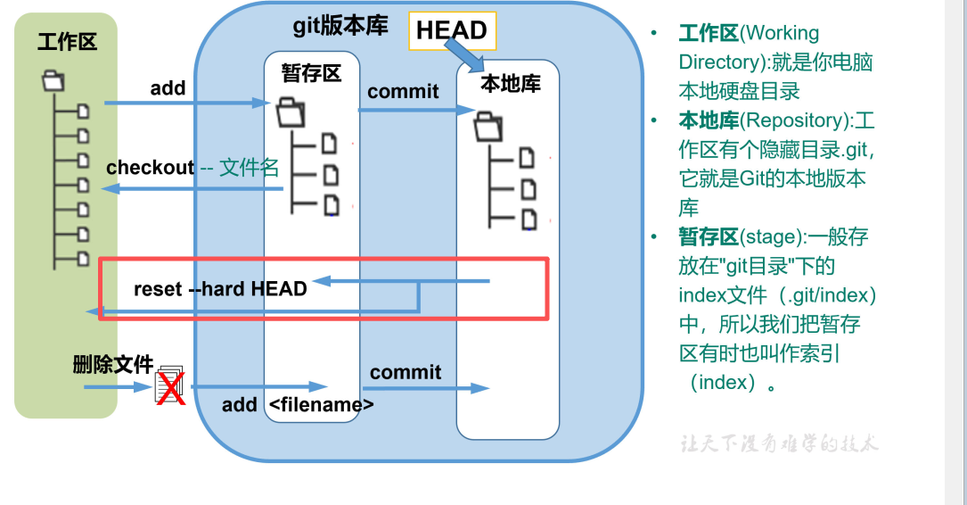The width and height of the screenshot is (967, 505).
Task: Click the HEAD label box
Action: [x=452, y=30]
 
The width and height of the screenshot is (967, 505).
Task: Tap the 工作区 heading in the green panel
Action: [x=67, y=41]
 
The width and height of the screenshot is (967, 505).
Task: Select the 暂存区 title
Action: [x=311, y=72]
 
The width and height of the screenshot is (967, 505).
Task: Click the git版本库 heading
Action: [x=340, y=26]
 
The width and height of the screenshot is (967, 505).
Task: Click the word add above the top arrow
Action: [x=168, y=87]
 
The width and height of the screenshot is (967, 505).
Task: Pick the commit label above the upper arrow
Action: [x=403, y=91]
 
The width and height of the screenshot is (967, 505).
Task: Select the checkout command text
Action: [x=150, y=168]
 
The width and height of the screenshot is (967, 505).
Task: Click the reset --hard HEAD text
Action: [x=220, y=288]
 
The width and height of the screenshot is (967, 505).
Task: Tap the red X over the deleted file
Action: [x=170, y=389]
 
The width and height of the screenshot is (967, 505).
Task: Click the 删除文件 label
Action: [x=113, y=364]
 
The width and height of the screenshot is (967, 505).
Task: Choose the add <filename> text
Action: [x=298, y=404]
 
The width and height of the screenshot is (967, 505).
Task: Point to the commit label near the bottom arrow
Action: [x=406, y=372]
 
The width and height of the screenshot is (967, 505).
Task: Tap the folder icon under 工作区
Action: [x=53, y=81]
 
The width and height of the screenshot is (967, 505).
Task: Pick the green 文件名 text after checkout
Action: [x=250, y=167]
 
